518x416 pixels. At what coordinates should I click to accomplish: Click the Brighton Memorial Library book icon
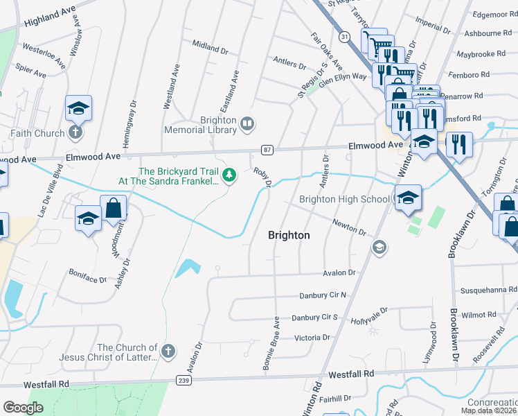coord(247,124)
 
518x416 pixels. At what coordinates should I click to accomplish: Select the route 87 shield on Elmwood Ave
coord(267,149)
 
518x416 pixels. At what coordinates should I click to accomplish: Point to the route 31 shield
coord(344,35)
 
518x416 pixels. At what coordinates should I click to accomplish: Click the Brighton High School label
coord(344,200)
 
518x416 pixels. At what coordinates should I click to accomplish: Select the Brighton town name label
coord(289,236)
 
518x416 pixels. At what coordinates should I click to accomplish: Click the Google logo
coord(24,408)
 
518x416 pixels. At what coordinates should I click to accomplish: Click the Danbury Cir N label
coord(322,295)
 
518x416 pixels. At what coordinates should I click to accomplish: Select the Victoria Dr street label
coord(302,338)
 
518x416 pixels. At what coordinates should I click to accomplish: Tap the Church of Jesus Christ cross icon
coord(167,352)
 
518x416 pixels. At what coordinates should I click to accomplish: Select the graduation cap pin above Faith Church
coord(78,109)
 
